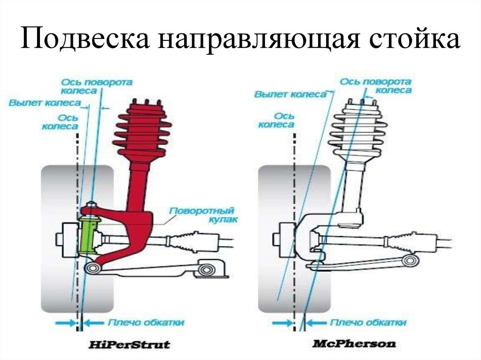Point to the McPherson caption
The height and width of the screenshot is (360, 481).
(354, 344)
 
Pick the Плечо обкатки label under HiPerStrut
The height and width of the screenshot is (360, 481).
(146, 322)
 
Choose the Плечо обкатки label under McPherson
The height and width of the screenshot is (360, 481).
(368, 322)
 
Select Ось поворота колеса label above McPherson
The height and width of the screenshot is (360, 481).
(375, 86)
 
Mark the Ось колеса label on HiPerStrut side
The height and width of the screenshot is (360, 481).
(60, 122)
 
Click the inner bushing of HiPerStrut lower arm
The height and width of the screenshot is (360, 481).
(206, 269)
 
